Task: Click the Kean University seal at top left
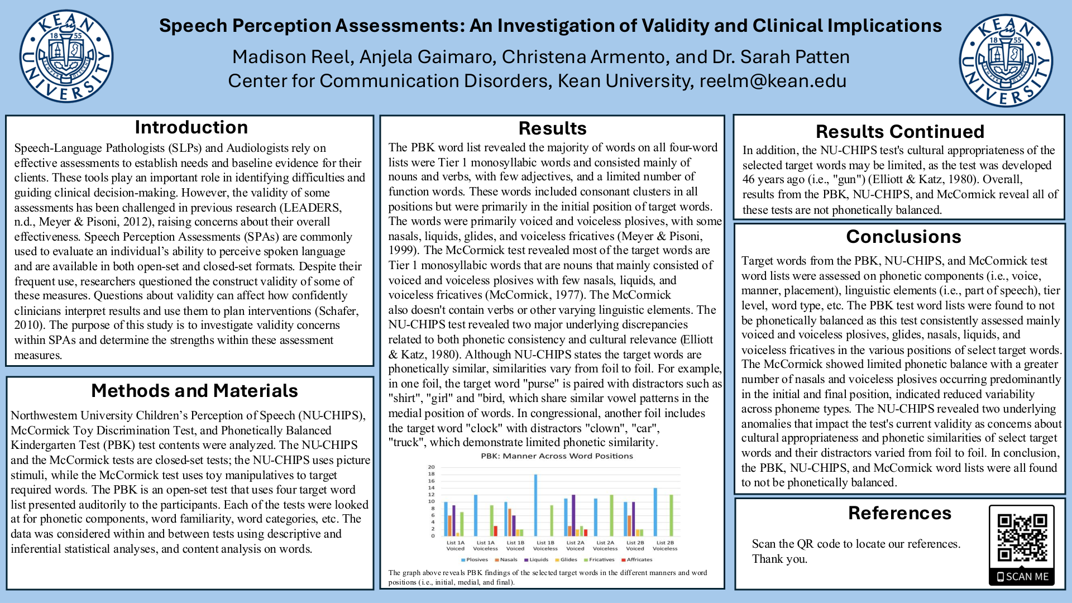66,56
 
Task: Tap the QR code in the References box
1022,538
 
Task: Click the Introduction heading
191,127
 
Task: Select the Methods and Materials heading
194,391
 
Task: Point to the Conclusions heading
903,237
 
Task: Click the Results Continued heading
899,132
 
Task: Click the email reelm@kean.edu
773,81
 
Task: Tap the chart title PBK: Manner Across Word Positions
557,456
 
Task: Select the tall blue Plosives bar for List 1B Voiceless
536,505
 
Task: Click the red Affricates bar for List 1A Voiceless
495,530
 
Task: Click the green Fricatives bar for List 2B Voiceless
671,515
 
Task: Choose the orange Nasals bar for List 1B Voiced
510,522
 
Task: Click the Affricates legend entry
637,559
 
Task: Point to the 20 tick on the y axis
431,467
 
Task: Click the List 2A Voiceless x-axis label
605,545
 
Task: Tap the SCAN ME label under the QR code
1022,577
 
